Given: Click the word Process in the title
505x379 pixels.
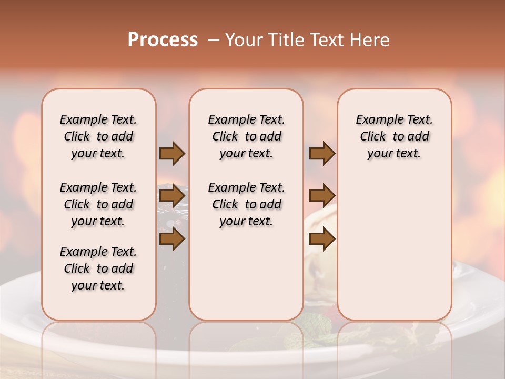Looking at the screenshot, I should (163, 39).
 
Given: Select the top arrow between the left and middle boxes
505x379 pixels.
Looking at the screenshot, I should (172, 154).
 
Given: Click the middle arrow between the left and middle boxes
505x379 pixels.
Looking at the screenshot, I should (172, 196).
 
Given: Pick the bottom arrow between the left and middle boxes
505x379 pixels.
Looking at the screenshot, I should (172, 239).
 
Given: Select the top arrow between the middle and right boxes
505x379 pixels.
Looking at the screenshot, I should (322, 154).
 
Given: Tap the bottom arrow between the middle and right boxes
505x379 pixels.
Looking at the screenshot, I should (322, 239).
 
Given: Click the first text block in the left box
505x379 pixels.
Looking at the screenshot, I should (98, 136).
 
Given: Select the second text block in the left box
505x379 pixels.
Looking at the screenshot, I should (98, 204).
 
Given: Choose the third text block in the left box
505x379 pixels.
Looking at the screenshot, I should (98, 268).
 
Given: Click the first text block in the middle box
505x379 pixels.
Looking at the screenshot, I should (247, 136).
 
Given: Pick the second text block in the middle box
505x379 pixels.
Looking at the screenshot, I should (247, 204).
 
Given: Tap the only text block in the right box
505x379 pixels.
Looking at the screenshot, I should (395, 136).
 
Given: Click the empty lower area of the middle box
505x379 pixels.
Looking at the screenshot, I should (247, 274).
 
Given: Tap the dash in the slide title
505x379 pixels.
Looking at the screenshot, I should (214, 39).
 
